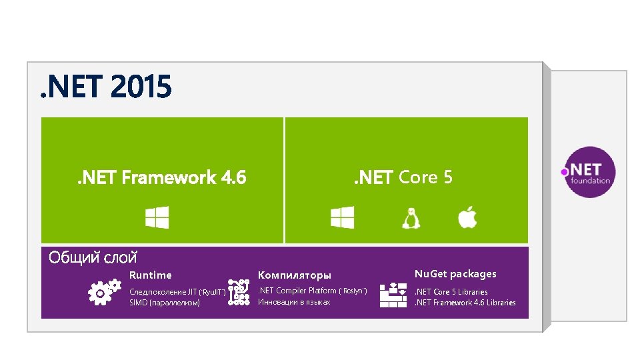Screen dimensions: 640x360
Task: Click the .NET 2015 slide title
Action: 105,87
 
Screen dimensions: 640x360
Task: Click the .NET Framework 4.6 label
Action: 160,177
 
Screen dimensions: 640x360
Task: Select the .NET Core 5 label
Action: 403,177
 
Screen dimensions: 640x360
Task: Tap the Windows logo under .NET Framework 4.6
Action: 157,217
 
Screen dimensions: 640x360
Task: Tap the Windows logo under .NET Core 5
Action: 342,217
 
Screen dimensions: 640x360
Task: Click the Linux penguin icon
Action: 411,218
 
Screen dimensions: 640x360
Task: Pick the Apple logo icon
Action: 467,217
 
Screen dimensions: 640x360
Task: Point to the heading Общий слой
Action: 93,257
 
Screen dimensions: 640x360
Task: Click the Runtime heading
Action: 150,275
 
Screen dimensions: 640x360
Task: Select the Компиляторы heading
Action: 294,275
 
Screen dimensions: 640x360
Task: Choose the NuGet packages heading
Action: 455,273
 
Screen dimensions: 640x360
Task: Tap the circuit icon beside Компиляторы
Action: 239,293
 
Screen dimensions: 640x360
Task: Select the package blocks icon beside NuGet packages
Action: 393,295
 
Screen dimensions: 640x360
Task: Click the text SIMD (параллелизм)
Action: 164,303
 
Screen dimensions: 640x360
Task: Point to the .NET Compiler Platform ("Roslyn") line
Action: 313,291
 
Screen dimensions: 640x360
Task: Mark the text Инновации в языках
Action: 294,302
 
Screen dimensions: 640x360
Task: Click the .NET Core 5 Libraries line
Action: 451,291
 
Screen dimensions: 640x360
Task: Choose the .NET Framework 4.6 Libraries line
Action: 465,303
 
